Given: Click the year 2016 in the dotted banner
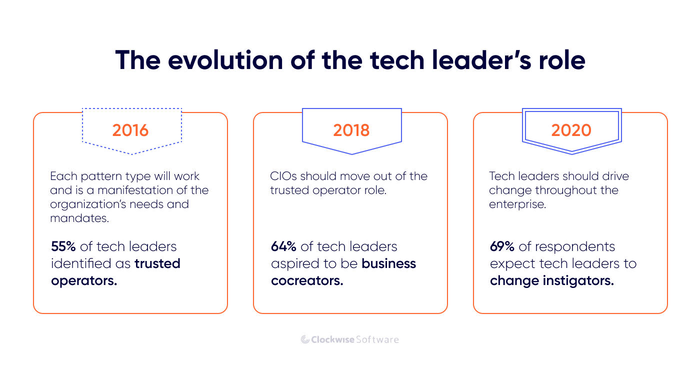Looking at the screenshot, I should pos(130,130).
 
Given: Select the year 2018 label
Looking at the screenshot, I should pos(351,130).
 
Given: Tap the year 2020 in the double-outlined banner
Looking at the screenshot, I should pos(571,130).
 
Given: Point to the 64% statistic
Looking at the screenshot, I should pos(284,246).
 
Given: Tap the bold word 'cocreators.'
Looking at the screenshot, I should pos(307,280).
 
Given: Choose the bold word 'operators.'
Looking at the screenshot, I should pos(84,280).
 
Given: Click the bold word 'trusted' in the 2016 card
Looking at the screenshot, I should pos(157,263).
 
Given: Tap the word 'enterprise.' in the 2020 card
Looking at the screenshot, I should pos(517,204).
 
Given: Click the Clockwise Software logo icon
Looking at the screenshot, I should pos(305,339).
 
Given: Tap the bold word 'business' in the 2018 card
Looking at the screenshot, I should pos(389,263).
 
